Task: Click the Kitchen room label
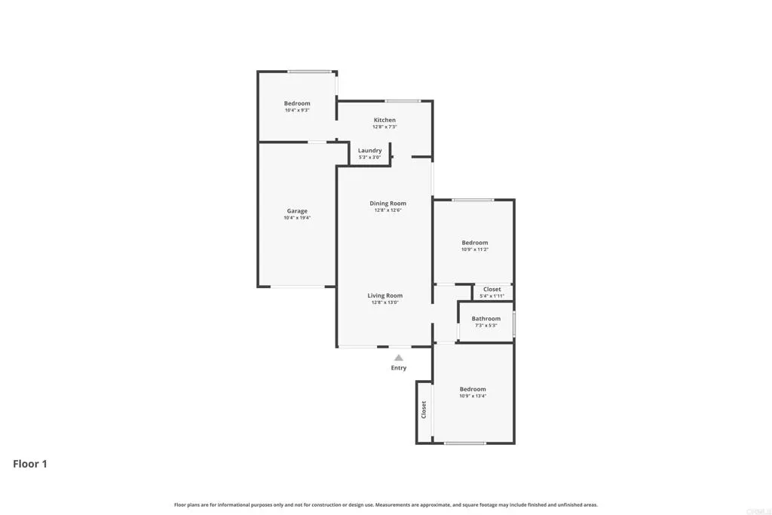(x=384, y=120)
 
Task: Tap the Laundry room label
(x=369, y=150)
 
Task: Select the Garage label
(x=297, y=211)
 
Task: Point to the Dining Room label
(x=388, y=203)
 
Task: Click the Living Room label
(x=384, y=296)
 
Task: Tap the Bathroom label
(x=486, y=318)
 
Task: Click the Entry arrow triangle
(x=398, y=358)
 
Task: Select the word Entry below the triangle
(x=398, y=368)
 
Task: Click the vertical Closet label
(x=424, y=409)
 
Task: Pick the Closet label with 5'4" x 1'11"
(x=492, y=289)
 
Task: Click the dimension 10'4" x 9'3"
(x=297, y=111)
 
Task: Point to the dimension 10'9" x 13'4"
(x=473, y=396)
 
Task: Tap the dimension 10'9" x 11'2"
(x=475, y=250)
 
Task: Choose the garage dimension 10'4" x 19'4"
(x=297, y=218)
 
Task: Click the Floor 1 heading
(x=30, y=464)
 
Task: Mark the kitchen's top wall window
(x=403, y=101)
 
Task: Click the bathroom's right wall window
(x=514, y=323)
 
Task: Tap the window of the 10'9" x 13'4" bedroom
(x=464, y=443)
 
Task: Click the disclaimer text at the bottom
(x=385, y=504)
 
